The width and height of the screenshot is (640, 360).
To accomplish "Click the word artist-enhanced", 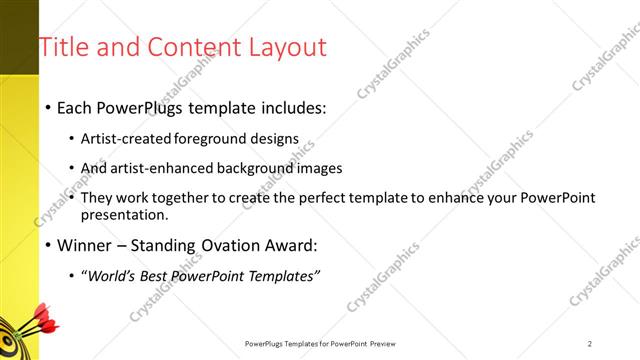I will click(x=165, y=168).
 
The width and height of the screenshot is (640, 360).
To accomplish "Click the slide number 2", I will click(x=590, y=343).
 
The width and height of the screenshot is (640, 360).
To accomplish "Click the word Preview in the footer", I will click(x=390, y=343).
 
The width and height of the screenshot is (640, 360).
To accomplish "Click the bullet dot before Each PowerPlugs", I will click(x=48, y=108).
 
